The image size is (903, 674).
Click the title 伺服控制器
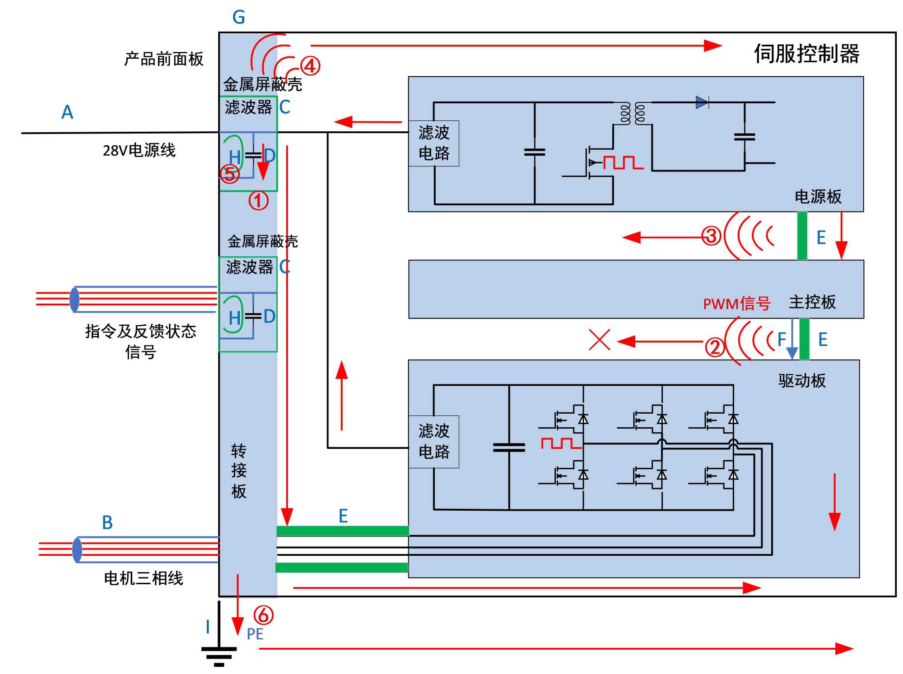pos(806,54)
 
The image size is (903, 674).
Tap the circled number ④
pos(310,66)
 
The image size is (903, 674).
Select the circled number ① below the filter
pos(258,200)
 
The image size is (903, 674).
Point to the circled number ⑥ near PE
pos(264,615)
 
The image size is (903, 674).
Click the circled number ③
pos(711,236)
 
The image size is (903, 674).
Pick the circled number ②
pos(715,347)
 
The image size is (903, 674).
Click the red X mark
pos(600,340)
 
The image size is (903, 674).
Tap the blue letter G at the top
pos(238,18)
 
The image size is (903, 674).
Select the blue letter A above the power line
pos(67,112)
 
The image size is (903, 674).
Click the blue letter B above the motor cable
pos(107,523)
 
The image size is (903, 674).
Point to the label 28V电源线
pos(139,150)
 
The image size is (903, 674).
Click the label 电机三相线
pos(144,578)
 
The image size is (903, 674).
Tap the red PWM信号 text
pos(736,304)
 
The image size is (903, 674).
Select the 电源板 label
pos(818,197)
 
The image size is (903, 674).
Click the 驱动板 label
pos(802,381)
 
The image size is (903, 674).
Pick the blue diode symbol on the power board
pos(702,102)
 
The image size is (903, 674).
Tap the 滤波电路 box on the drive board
pos(434,442)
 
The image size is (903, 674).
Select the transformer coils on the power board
pos(633,114)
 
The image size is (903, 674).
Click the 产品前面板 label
pos(164,59)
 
